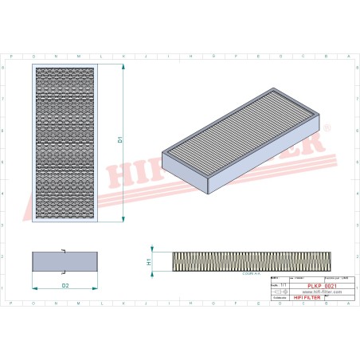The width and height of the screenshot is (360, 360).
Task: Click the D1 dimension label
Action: (x=119, y=140)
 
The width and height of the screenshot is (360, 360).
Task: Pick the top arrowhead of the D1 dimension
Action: (x=125, y=67)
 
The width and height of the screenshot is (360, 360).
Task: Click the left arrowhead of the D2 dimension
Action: (x=33, y=288)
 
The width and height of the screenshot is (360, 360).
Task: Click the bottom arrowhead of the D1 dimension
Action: (x=125, y=219)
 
